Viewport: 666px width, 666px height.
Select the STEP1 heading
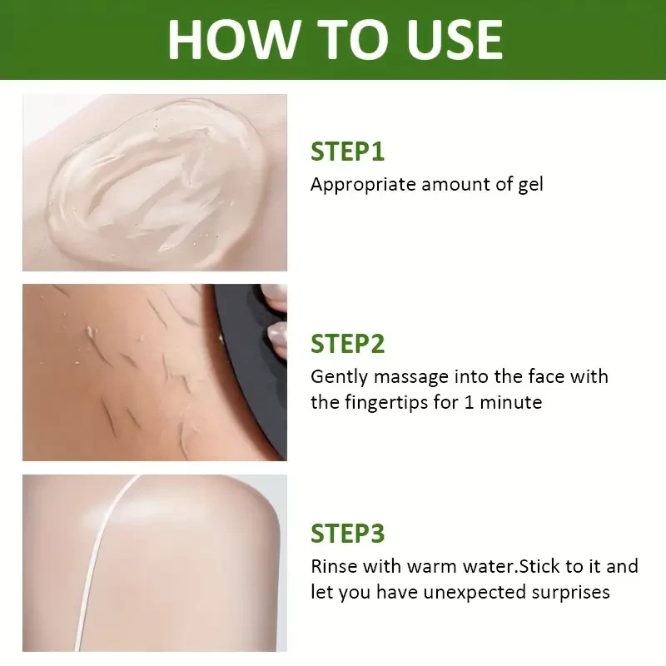click(347, 152)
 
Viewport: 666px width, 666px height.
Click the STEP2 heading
click(347, 343)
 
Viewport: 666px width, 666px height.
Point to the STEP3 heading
click(347, 534)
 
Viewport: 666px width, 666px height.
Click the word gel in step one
click(529, 184)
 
